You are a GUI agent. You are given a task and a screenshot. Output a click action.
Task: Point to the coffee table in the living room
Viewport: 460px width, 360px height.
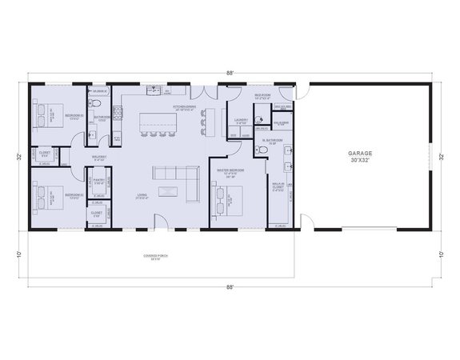(x=169, y=190)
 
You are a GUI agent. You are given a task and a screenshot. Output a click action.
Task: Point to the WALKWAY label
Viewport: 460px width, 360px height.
(x=99, y=158)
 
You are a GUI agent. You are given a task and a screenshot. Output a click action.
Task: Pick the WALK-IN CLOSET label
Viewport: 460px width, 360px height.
(x=276, y=189)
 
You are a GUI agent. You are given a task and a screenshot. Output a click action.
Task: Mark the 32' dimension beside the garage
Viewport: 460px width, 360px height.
(x=441, y=156)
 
